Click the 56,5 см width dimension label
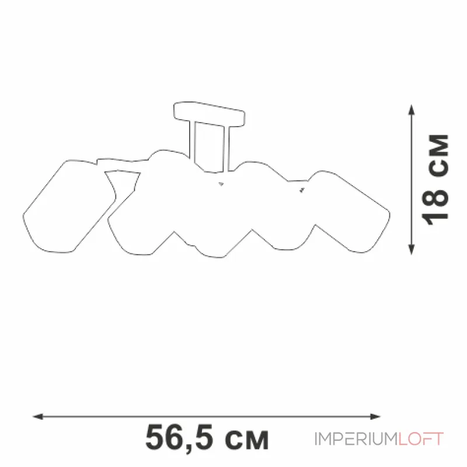click(207, 438)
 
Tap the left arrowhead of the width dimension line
click(38, 416)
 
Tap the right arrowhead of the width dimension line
click(375, 416)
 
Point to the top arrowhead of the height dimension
click(412, 110)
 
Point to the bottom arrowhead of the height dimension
click(412, 250)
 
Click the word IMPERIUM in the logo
click(356, 439)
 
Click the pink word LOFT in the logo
click(421, 439)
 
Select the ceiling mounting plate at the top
click(209, 114)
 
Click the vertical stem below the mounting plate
click(210, 147)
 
